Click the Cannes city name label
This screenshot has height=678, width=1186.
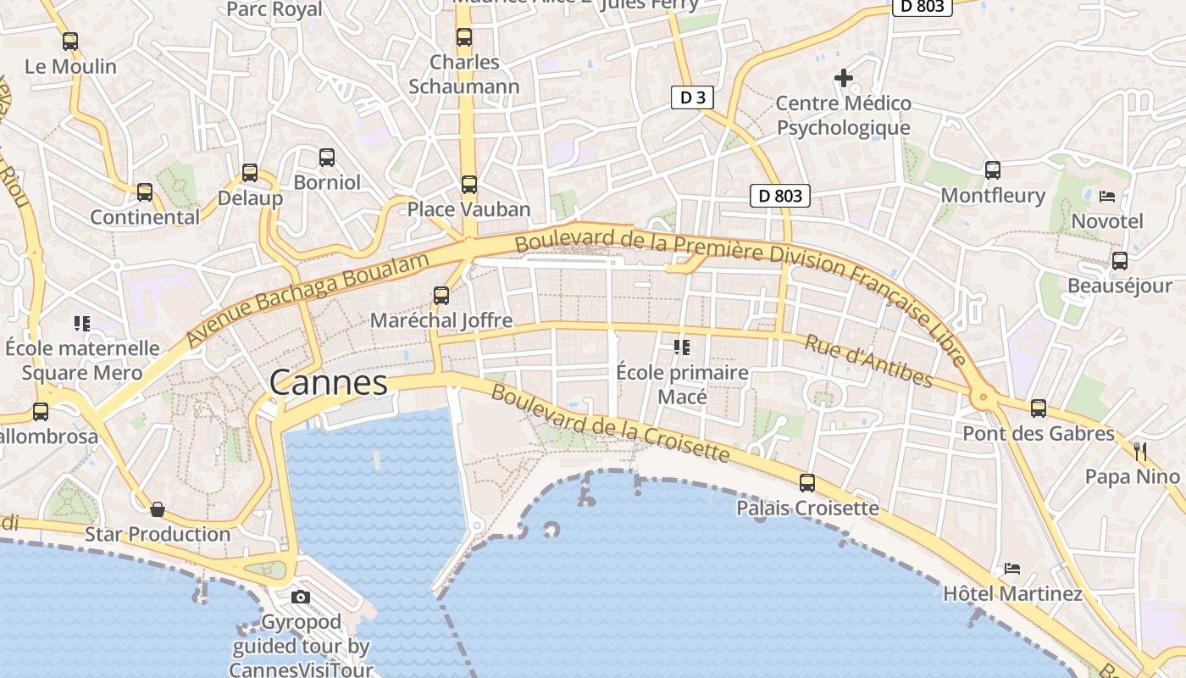pos(329,383)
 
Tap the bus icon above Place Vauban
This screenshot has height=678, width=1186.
pos(469,184)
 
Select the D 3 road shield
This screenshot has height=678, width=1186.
pos(692,97)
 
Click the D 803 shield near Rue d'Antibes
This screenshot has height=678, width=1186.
pos(780,196)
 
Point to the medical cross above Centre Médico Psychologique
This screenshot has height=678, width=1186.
pos(844,79)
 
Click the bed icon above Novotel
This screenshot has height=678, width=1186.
pos(1106,197)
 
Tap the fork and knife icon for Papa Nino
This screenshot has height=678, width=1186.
pos(1140,451)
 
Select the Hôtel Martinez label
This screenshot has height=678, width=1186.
pos(1012,593)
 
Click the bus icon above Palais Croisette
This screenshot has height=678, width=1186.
pos(807,483)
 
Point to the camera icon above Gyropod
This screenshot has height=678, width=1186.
pos(301,597)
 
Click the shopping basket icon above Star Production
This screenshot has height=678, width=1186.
pos(158,509)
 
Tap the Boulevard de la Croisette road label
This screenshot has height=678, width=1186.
pos(610,424)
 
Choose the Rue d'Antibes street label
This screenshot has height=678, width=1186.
pos(868,361)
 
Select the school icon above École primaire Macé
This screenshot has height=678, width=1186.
pos(681,347)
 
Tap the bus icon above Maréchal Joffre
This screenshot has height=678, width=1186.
pos(441,295)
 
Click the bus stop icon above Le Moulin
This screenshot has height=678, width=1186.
pos(70,41)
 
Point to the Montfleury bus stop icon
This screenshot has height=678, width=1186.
pos(993,170)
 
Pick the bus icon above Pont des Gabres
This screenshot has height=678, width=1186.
pos(1039,408)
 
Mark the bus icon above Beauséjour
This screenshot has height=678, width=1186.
pos(1120,261)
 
